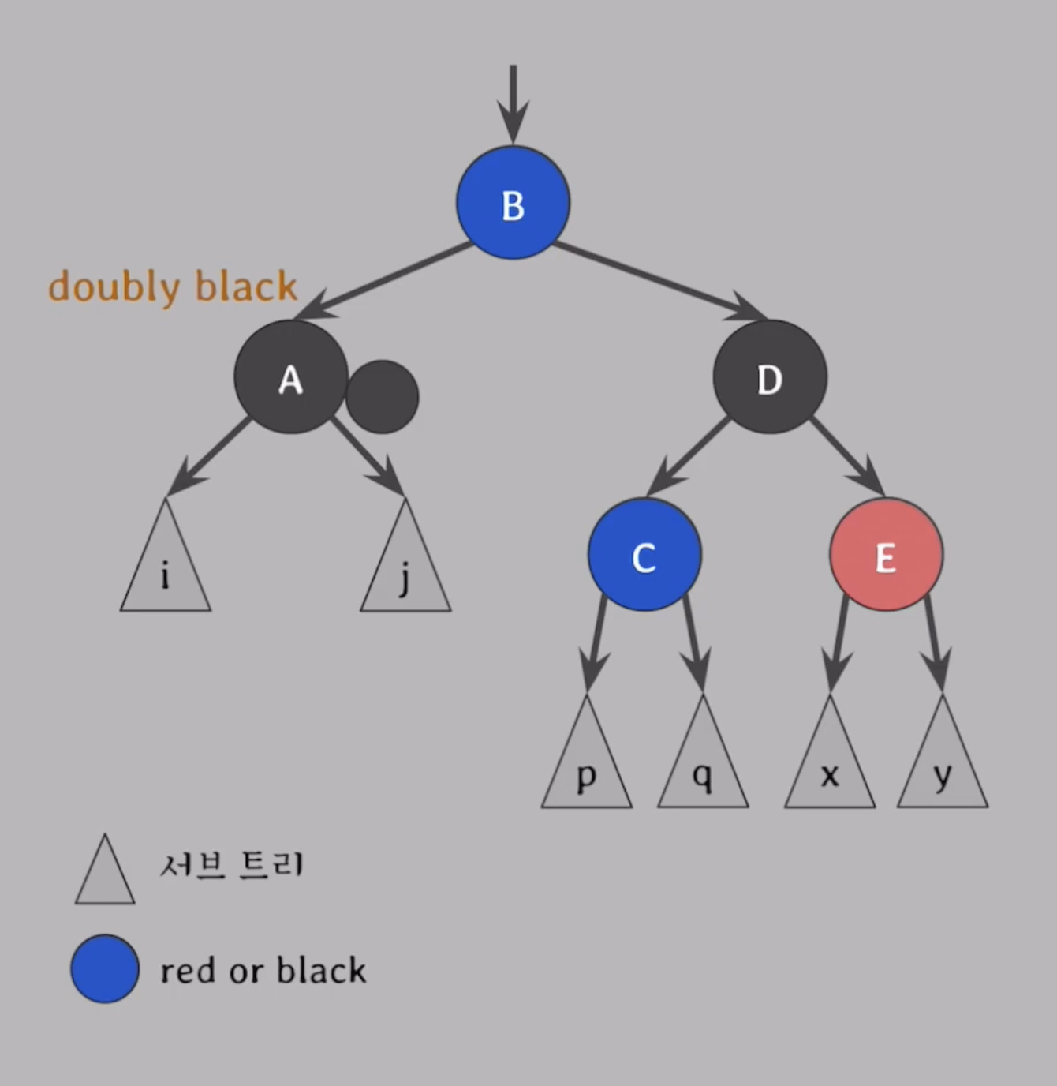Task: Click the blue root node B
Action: click(513, 203)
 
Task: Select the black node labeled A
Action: click(290, 377)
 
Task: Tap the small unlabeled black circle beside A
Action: click(383, 397)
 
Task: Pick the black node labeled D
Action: click(770, 377)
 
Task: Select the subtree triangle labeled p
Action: click(586, 766)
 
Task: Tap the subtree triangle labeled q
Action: click(703, 766)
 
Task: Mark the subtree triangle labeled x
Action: click(830, 766)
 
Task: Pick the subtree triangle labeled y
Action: click(943, 766)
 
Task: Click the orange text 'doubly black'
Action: click(172, 286)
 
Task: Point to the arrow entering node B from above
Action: click(513, 103)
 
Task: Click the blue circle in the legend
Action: click(105, 969)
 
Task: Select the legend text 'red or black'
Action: click(263, 970)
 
